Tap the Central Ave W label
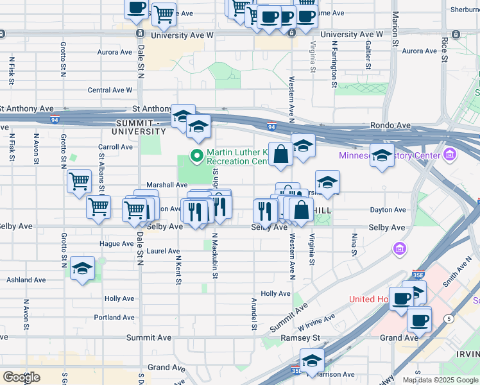tap(109, 90)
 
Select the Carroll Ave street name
tap(116, 147)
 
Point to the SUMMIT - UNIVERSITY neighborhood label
tap(141, 126)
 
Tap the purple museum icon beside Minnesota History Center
tap(449, 155)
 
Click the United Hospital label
tap(369, 300)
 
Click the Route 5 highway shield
tap(448, 319)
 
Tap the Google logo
tap(21, 377)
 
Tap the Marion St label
tap(395, 26)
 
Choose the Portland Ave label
tap(114, 318)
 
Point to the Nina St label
tap(354, 244)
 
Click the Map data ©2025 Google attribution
tap(441, 380)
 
